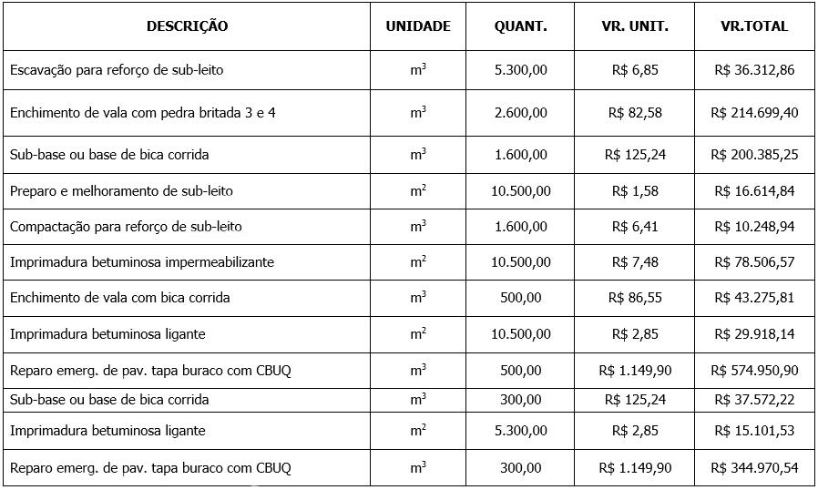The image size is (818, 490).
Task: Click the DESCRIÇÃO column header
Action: [x=187, y=26]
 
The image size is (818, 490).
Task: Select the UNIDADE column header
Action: [x=418, y=26]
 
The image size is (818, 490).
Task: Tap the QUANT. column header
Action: [x=521, y=26]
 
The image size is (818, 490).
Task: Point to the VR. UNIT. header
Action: [x=635, y=26]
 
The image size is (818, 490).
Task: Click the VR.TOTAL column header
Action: [x=754, y=26]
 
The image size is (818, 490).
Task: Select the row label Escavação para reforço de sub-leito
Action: [x=117, y=69]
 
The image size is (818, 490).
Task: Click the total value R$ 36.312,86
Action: [x=754, y=69]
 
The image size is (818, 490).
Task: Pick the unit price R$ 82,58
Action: [x=635, y=113]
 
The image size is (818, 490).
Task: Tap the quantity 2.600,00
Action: [x=521, y=113]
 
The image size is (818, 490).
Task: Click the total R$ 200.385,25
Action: [x=754, y=155]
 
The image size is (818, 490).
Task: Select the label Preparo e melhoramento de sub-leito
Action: [x=121, y=191]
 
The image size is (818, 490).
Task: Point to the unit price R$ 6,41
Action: [x=635, y=226]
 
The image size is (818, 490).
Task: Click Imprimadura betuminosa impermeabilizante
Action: [x=142, y=262]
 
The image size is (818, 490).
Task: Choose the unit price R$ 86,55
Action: [x=635, y=298]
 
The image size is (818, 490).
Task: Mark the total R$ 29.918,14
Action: [x=754, y=334]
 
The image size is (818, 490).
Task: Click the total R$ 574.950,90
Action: [x=754, y=371]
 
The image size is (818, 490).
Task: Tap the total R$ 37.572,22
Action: [x=754, y=400]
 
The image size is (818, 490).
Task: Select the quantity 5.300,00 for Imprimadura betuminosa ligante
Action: [x=521, y=430]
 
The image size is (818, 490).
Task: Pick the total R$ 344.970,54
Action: [x=754, y=468]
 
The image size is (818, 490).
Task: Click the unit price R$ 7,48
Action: [x=635, y=262]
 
